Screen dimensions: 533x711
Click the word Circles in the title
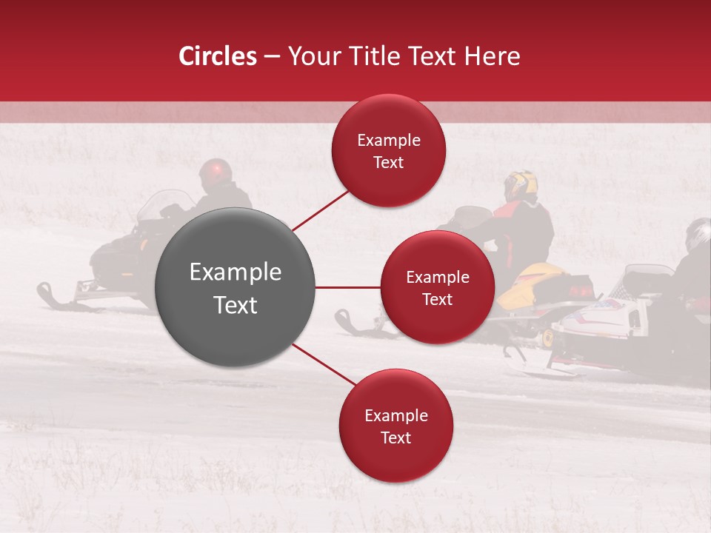[217, 56]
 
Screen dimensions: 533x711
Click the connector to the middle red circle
[348, 287]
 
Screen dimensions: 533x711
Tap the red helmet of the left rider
[215, 172]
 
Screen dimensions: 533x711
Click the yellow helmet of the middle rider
[521, 184]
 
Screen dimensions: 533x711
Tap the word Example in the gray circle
[236, 272]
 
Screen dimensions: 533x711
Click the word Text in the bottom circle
[395, 438]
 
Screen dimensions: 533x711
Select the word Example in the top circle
[389, 140]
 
